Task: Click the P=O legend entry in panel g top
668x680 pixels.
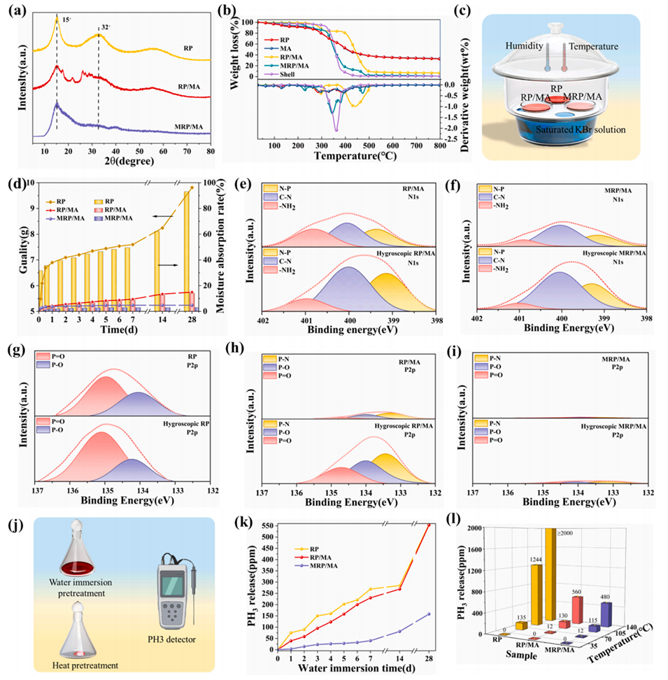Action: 60,355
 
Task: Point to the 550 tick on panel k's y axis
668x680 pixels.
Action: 264,526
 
